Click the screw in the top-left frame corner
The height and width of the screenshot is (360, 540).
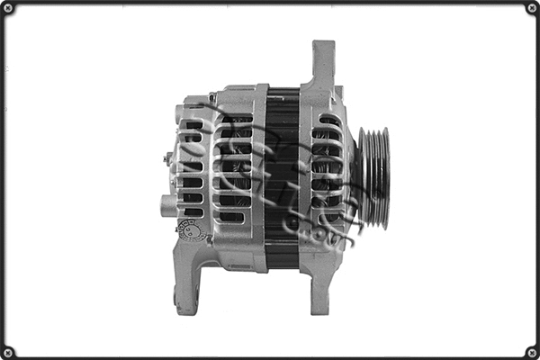click(x=8, y=8)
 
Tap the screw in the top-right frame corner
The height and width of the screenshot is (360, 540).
click(x=531, y=8)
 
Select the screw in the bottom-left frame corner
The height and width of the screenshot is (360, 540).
click(x=8, y=351)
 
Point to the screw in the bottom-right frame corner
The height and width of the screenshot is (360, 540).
click(x=531, y=351)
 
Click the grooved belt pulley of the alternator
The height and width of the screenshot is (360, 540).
click(x=373, y=176)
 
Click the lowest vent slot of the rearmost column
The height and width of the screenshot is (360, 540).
click(x=193, y=212)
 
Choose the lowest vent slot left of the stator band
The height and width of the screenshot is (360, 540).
click(x=232, y=217)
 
